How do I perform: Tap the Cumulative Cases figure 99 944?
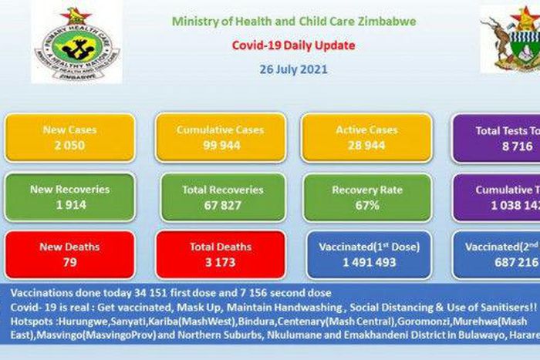(x=220, y=145)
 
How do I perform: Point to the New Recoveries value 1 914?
(x=69, y=205)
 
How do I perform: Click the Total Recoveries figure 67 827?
(x=222, y=205)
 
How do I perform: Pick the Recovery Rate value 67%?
(x=366, y=205)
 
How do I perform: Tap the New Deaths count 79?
(x=69, y=262)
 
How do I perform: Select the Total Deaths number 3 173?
(x=221, y=262)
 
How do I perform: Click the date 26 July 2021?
(x=292, y=69)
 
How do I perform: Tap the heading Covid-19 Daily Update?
(x=293, y=45)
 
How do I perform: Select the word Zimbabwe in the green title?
(x=390, y=22)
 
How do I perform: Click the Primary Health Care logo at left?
(x=76, y=45)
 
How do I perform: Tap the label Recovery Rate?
(x=366, y=190)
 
